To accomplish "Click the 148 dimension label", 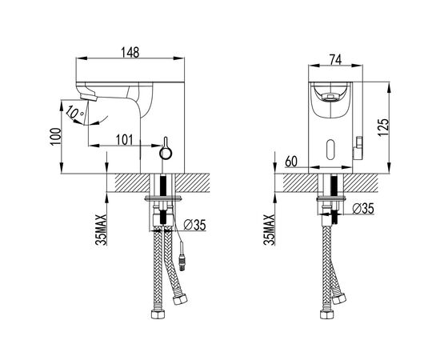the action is [130, 53].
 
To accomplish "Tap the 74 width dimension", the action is [335, 59].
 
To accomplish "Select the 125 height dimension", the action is [383, 127].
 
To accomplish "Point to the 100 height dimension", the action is [55, 136].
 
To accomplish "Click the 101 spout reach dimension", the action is [125, 140].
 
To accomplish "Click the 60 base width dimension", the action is [291, 162].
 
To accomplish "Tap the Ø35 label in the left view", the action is [194, 225].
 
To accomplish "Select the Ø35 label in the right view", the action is [363, 209].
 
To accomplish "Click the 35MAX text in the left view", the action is [101, 230].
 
